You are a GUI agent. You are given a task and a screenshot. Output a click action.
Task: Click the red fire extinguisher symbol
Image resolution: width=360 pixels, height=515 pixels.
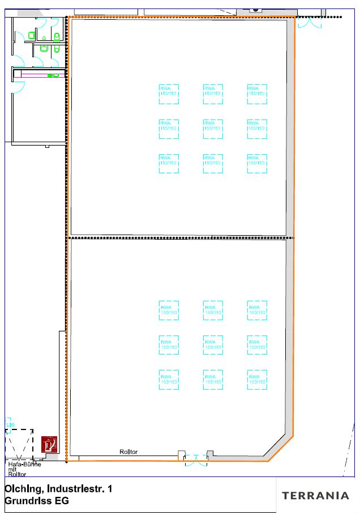pyautogui.click(x=50, y=444)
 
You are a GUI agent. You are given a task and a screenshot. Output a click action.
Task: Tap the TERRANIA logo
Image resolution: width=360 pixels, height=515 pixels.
pyautogui.click(x=315, y=495)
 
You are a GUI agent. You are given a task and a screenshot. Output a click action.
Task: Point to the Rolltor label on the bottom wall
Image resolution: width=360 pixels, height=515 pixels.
pyautogui.click(x=128, y=452)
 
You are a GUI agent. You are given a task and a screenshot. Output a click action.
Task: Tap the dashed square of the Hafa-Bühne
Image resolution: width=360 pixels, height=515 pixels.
pyautogui.click(x=19, y=444)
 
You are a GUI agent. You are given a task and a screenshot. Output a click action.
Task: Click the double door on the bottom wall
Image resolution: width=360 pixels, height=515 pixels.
pyautogui.click(x=196, y=461)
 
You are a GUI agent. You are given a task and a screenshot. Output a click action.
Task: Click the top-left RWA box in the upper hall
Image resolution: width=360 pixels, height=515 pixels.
pyautogui.click(x=169, y=94)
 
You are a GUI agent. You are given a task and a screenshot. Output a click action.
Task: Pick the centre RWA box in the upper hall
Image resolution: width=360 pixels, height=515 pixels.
pyautogui.click(x=213, y=129)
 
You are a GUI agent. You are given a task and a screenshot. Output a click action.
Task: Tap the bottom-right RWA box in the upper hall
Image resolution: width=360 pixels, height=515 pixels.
pyautogui.click(x=256, y=163)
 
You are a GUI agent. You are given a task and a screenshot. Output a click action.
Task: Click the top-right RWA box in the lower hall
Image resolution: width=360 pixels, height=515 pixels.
pyautogui.click(x=256, y=310)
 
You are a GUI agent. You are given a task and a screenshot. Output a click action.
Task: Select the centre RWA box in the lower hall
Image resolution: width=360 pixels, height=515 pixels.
pyautogui.click(x=213, y=345)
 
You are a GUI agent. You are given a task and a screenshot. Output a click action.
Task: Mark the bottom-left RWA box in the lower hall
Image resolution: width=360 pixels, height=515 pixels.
pyautogui.click(x=169, y=380)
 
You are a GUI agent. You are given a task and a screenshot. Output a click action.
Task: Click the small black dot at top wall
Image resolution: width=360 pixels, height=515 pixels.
pyautogui.click(x=255, y=10)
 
